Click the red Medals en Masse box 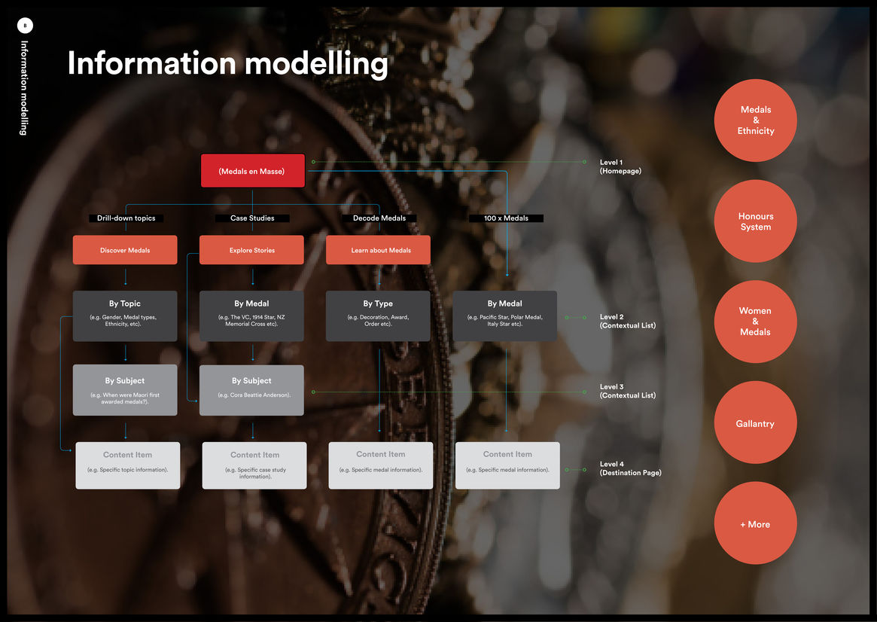coord(252,171)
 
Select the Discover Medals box coord(125,250)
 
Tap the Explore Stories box coord(251,250)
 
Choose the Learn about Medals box coord(378,250)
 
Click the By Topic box coord(125,316)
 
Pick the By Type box coord(378,316)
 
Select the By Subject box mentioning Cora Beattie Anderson coord(251,389)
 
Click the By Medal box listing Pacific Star coord(504,316)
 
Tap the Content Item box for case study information coord(254,465)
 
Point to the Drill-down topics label coord(126,218)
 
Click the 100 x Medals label coord(506,218)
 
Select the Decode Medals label coord(379,218)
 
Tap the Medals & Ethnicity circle coord(755,120)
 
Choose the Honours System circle coord(755,221)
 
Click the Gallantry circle coord(755,423)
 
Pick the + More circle coord(755,524)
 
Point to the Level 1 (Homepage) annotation coord(620,166)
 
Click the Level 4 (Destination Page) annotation coord(630,468)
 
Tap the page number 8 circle coord(25,26)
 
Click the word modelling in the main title coord(316,64)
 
